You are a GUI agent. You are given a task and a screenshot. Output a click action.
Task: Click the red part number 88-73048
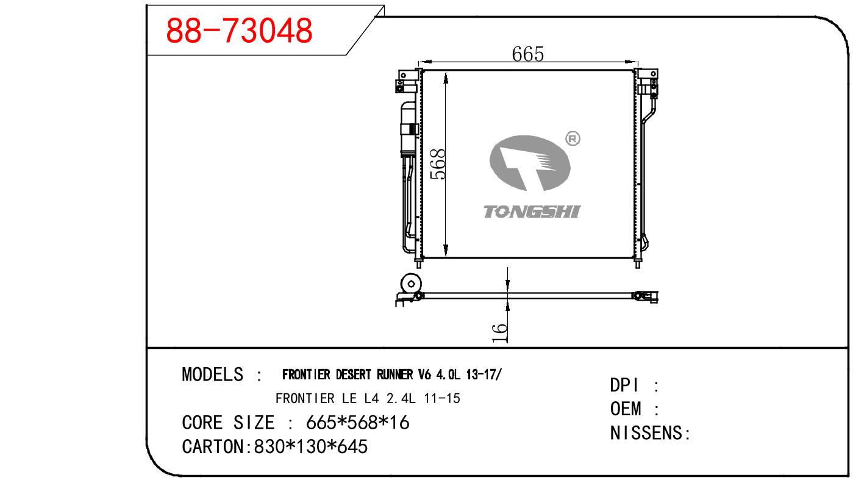coord(239,30)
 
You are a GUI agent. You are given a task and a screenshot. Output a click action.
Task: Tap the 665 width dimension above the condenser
coord(528,54)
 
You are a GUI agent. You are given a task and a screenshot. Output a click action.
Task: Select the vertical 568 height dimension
coord(438,164)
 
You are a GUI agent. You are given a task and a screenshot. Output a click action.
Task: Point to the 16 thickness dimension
coord(499,333)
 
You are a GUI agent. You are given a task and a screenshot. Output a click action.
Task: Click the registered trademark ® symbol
coord(573,138)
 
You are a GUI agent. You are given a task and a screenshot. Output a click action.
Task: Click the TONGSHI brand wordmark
coord(532,212)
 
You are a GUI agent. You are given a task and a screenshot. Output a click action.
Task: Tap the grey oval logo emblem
coord(530,163)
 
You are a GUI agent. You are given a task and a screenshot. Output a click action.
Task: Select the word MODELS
coord(213,374)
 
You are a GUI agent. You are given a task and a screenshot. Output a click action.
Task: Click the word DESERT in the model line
coord(353,375)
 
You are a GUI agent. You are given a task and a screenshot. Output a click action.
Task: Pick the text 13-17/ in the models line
coord(484,375)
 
